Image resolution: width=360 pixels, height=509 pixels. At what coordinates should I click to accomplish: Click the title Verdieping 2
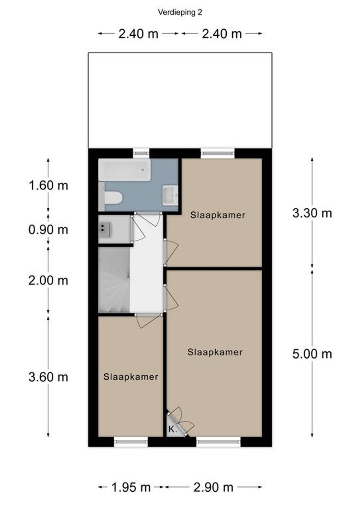(180, 12)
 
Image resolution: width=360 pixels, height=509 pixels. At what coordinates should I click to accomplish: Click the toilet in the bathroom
(113, 197)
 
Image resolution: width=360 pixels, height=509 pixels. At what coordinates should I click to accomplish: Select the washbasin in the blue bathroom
(170, 195)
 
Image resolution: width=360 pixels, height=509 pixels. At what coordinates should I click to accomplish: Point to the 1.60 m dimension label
(48, 186)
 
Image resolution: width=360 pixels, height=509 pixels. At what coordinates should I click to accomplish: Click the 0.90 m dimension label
(48, 230)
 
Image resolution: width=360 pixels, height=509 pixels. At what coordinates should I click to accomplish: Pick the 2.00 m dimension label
(48, 280)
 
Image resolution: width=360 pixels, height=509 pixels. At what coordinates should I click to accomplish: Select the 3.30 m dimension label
(312, 213)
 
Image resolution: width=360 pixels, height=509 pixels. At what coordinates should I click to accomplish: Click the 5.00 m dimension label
(312, 354)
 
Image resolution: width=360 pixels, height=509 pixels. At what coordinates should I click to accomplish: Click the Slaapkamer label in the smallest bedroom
(131, 377)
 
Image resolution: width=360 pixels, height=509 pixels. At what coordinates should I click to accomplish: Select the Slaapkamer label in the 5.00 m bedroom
(215, 352)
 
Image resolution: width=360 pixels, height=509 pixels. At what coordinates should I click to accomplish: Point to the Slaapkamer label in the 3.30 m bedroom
(218, 215)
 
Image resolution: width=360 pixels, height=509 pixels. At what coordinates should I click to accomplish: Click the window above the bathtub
(141, 153)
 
